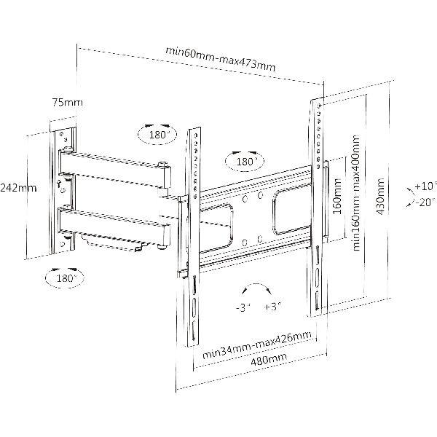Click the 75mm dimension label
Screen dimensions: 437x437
[68, 103]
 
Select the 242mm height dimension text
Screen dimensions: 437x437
[18, 188]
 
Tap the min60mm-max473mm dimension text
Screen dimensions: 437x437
[221, 59]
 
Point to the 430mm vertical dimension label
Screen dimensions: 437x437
[380, 197]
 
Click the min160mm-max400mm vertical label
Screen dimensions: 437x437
[356, 193]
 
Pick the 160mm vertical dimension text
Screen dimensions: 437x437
[337, 196]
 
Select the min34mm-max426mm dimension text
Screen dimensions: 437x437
[256, 345]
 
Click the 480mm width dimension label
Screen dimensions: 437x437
[269, 360]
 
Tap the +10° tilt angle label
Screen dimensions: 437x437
[425, 186]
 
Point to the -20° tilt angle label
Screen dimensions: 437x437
[425, 202]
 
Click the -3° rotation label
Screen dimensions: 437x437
[243, 307]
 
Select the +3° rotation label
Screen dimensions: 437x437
[273, 307]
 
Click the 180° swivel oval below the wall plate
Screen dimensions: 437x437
[65, 277]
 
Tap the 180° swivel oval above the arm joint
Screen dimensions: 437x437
[157, 135]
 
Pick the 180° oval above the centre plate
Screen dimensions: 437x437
[245, 161]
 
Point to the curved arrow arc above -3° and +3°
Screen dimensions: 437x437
[256, 284]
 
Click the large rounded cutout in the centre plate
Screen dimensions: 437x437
[292, 210]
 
